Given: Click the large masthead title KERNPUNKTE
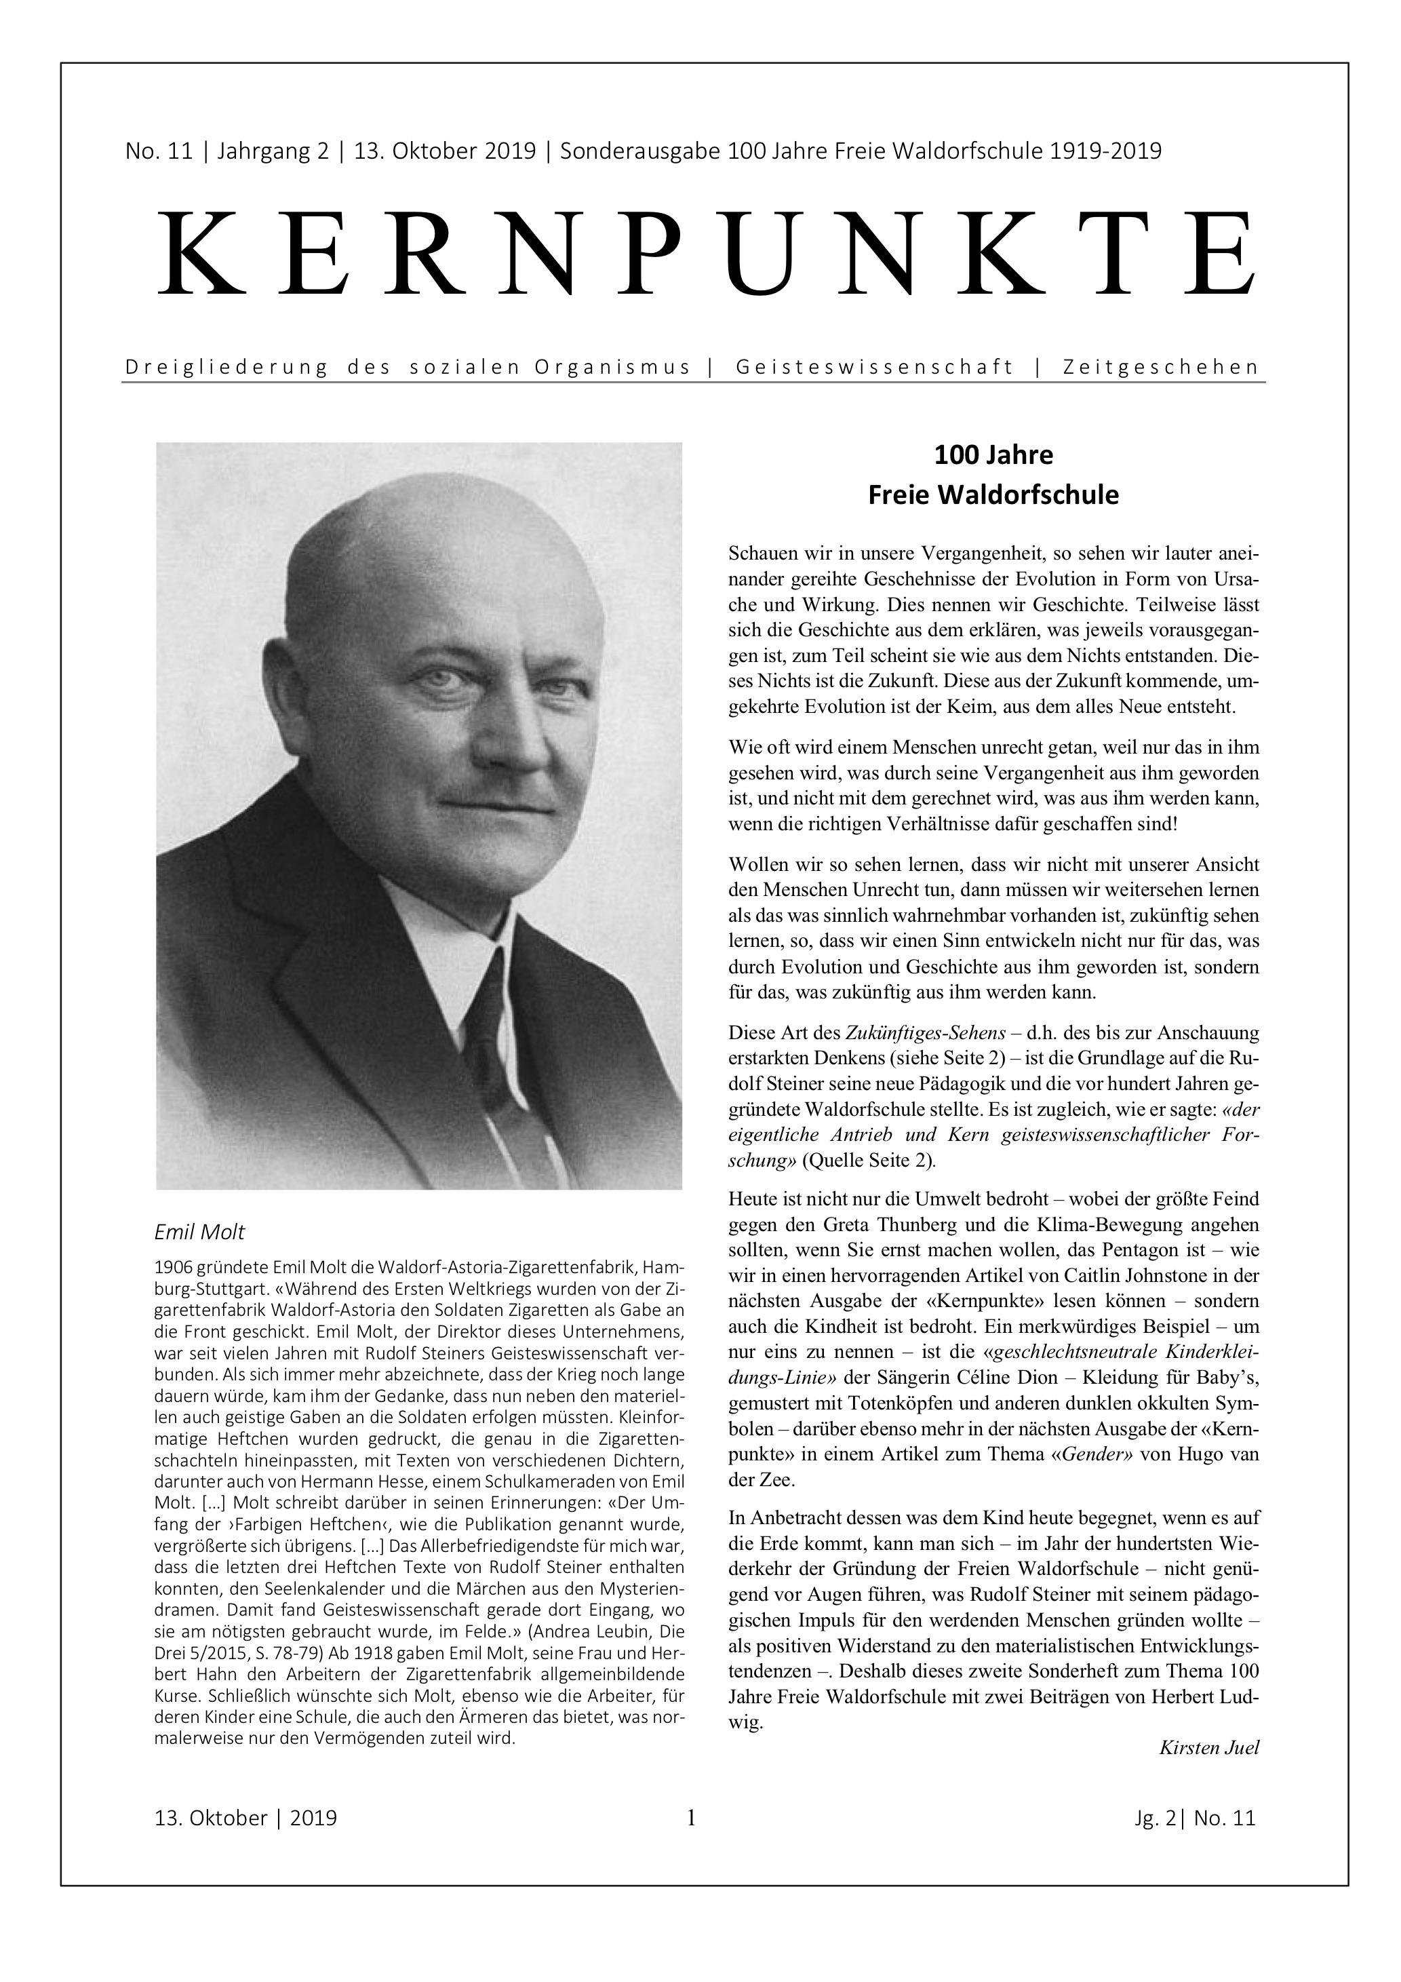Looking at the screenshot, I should pyautogui.click(x=705, y=254).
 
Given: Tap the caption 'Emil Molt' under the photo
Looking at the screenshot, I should pyautogui.click(x=199, y=1232).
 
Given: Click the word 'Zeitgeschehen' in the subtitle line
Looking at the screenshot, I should pyautogui.click(x=1161, y=367).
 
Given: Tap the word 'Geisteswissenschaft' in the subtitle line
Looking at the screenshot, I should pyautogui.click(x=874, y=367).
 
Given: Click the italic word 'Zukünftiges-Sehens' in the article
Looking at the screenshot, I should pyautogui.click(x=926, y=1032).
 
